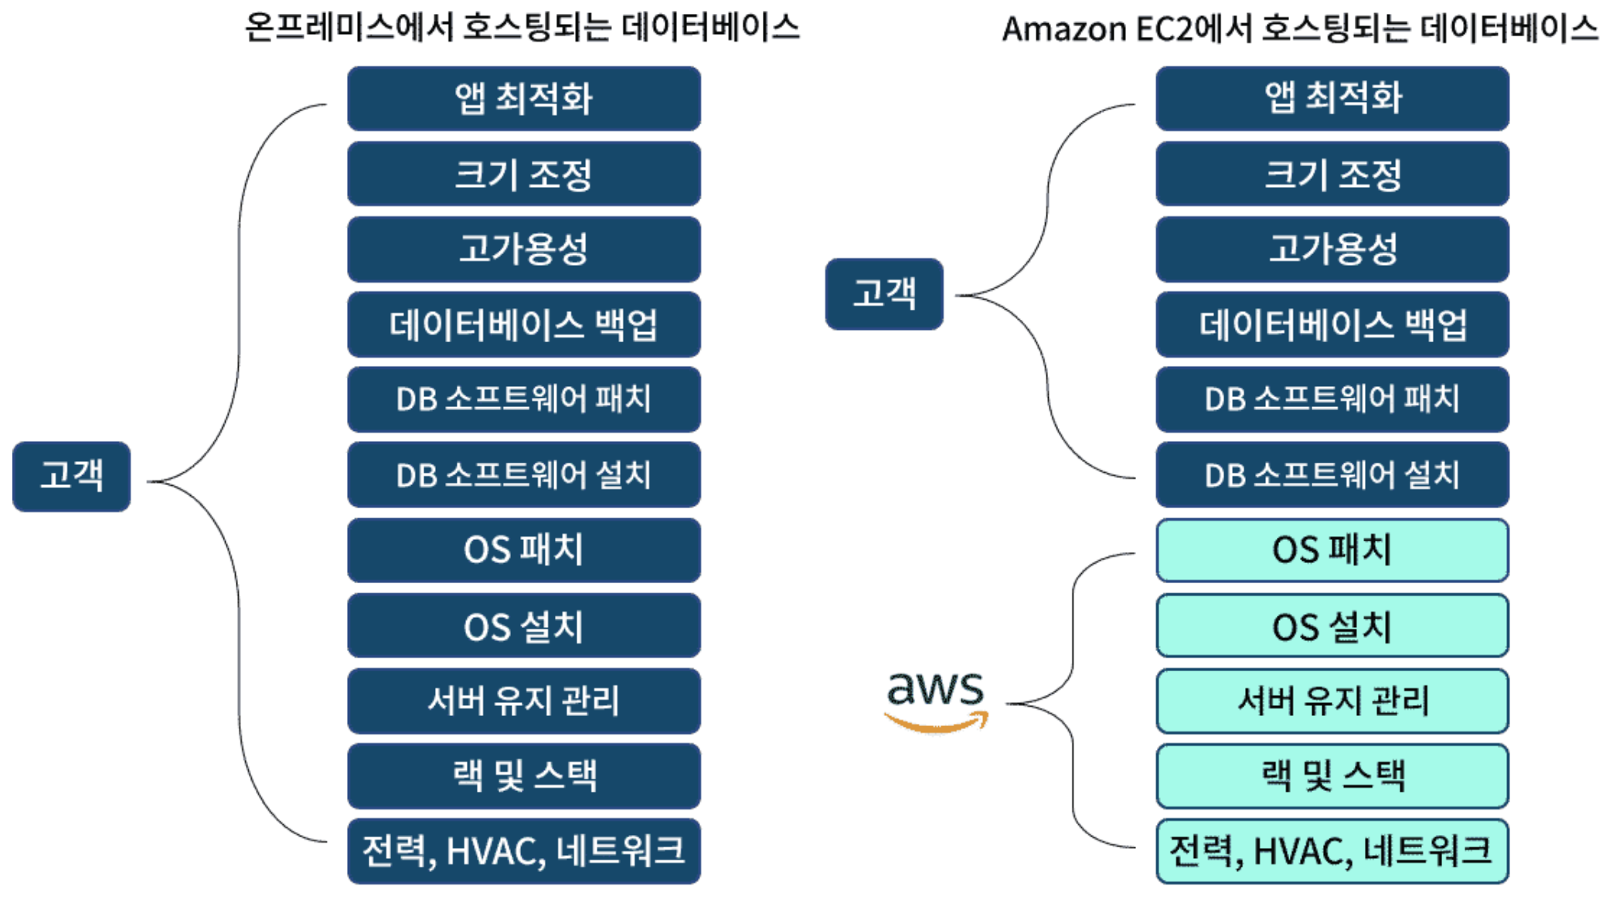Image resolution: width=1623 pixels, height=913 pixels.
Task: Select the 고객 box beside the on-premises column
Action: point(72,476)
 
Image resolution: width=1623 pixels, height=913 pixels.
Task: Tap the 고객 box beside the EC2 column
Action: point(884,294)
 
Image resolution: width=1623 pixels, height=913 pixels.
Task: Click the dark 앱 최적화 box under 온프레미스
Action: point(524,98)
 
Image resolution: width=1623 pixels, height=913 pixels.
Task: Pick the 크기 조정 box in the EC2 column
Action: point(1332,174)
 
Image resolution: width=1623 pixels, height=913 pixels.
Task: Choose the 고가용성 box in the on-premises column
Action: point(524,249)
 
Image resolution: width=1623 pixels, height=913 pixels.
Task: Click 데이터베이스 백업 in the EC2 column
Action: point(1332,324)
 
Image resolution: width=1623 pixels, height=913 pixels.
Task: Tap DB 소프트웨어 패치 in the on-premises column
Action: point(524,399)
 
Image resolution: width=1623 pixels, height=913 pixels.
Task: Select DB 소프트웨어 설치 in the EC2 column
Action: point(1332,474)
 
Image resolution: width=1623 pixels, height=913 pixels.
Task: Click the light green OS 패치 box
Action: point(1332,550)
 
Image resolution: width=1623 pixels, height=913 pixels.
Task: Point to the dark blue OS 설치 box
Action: point(524,625)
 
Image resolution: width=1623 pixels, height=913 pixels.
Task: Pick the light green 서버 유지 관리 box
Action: point(1332,701)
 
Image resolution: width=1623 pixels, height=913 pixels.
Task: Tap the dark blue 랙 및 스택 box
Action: point(524,776)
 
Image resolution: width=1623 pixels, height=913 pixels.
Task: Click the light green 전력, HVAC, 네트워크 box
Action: point(1332,851)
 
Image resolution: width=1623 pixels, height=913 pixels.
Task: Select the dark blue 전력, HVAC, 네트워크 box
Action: point(524,851)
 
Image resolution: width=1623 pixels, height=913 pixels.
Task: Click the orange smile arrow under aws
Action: point(937,722)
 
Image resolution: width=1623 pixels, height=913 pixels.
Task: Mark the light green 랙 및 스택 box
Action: point(1332,776)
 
